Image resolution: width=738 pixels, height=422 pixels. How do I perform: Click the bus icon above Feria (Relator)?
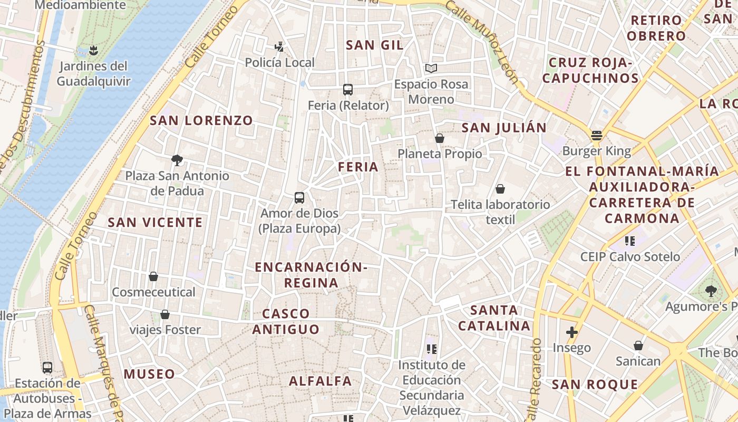(x=348, y=89)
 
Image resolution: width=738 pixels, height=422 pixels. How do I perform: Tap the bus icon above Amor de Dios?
(x=299, y=198)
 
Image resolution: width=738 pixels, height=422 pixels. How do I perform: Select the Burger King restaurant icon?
(x=596, y=136)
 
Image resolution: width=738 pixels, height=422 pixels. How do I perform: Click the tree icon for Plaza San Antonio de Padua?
(x=177, y=160)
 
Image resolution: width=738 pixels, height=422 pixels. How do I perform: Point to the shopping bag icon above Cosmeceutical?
(x=153, y=276)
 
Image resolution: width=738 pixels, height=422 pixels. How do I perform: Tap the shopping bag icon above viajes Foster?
(x=165, y=314)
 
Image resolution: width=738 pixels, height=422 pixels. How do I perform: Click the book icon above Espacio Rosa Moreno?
(x=431, y=68)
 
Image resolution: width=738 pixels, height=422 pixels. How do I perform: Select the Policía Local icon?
(x=279, y=47)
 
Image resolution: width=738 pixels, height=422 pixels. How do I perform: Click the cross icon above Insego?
(x=571, y=332)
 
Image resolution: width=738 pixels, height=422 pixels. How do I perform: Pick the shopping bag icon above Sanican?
(x=638, y=346)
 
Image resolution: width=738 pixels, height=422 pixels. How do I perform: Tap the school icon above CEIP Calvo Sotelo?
(x=629, y=241)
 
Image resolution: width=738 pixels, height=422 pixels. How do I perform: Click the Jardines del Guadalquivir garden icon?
(x=93, y=51)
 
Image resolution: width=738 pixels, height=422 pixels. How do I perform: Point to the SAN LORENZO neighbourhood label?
(x=201, y=120)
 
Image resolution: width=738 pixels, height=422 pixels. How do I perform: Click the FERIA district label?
(x=358, y=167)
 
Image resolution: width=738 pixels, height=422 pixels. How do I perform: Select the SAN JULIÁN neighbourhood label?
(x=504, y=128)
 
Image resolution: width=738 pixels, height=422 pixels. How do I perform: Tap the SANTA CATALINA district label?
(x=494, y=318)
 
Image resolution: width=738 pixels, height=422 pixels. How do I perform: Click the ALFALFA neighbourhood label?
(x=320, y=381)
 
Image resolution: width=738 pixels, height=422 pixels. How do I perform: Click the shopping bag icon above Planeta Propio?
(x=439, y=138)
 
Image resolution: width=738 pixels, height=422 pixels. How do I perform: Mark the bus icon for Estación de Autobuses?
(x=47, y=367)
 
